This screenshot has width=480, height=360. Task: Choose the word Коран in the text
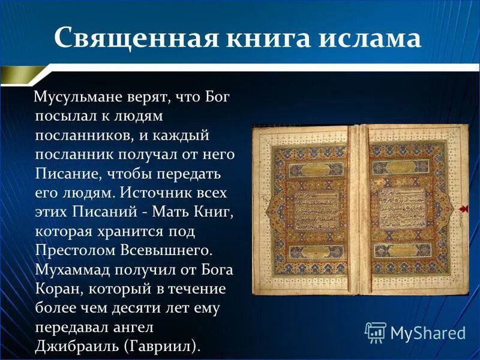point(57,288)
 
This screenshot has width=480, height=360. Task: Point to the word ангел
point(136,327)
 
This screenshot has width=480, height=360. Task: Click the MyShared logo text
point(428,332)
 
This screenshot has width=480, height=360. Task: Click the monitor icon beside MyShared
point(376,332)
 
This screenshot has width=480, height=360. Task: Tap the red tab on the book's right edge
point(464,208)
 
